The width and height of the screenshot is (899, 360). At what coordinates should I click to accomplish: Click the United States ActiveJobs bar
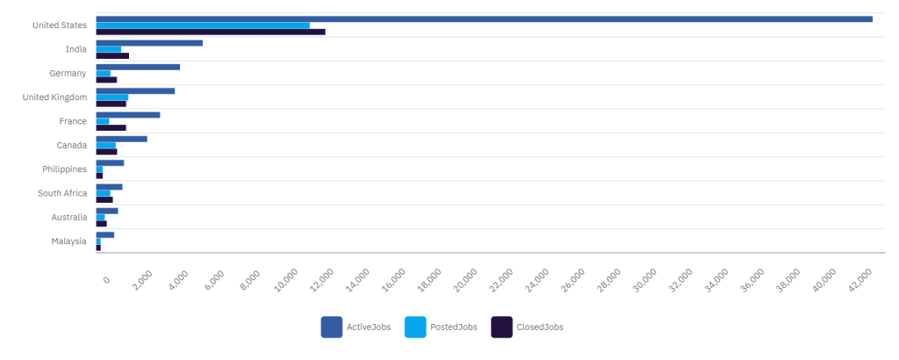(484, 18)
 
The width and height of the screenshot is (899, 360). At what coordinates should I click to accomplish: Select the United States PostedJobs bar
(203, 25)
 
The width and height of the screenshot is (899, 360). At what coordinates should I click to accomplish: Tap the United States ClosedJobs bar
(211, 32)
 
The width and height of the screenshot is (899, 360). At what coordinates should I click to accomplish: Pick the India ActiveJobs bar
(149, 42)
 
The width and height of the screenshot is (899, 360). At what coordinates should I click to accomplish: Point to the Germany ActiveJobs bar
(138, 67)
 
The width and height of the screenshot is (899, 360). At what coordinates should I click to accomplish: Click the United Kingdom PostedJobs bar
(112, 97)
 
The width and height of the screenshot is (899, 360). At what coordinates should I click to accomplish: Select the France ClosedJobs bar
(111, 127)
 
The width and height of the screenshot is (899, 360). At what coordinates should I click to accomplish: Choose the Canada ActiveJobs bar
(121, 139)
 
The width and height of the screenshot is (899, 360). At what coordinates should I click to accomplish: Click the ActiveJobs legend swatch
(331, 327)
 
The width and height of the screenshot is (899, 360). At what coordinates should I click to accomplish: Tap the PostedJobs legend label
(453, 328)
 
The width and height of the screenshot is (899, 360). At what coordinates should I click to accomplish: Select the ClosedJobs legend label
(539, 328)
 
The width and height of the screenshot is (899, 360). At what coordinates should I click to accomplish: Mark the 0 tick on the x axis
(105, 279)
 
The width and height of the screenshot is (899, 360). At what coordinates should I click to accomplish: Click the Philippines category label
(64, 169)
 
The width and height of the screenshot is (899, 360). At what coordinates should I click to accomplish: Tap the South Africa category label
(61, 193)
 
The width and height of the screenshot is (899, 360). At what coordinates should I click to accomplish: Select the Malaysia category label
(68, 241)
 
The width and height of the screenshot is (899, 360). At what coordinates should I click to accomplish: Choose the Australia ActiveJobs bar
(107, 211)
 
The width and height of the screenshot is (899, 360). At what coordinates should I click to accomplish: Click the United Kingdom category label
(54, 97)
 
